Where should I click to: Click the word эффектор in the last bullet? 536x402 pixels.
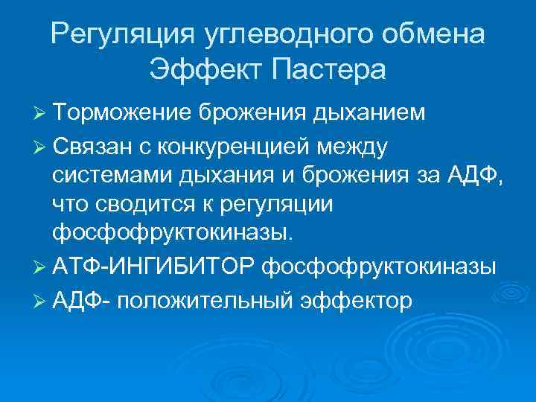[x=350, y=301]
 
